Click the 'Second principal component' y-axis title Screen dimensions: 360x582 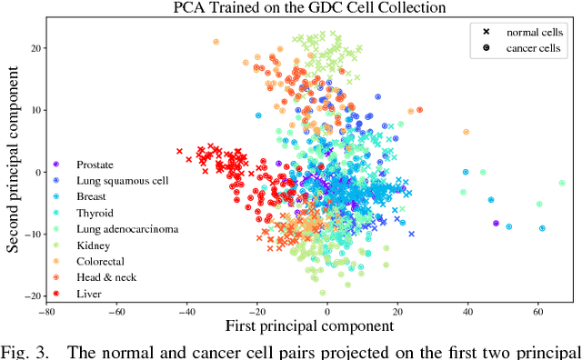[14, 163]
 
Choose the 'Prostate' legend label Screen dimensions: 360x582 [95, 165]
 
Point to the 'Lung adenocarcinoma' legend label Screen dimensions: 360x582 [127, 229]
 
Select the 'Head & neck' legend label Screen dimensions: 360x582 [106, 277]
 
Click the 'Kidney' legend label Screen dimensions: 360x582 [93, 245]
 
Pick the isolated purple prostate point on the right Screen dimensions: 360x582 [496, 223]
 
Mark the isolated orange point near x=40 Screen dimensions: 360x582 [467, 132]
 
